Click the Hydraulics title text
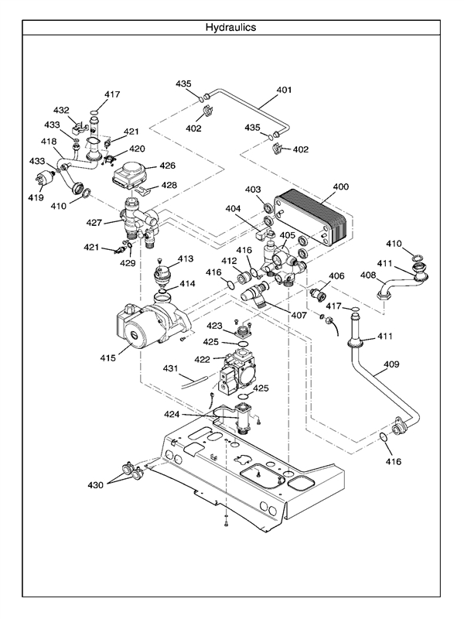coord(230,27)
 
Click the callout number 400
coord(341,187)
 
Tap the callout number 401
coord(284,91)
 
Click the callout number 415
coord(107,358)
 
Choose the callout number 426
coord(168,165)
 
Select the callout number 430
coord(95,485)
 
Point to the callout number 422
coord(202,359)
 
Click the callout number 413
coord(186,258)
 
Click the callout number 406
coord(336,276)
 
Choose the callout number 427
coord(94,223)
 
